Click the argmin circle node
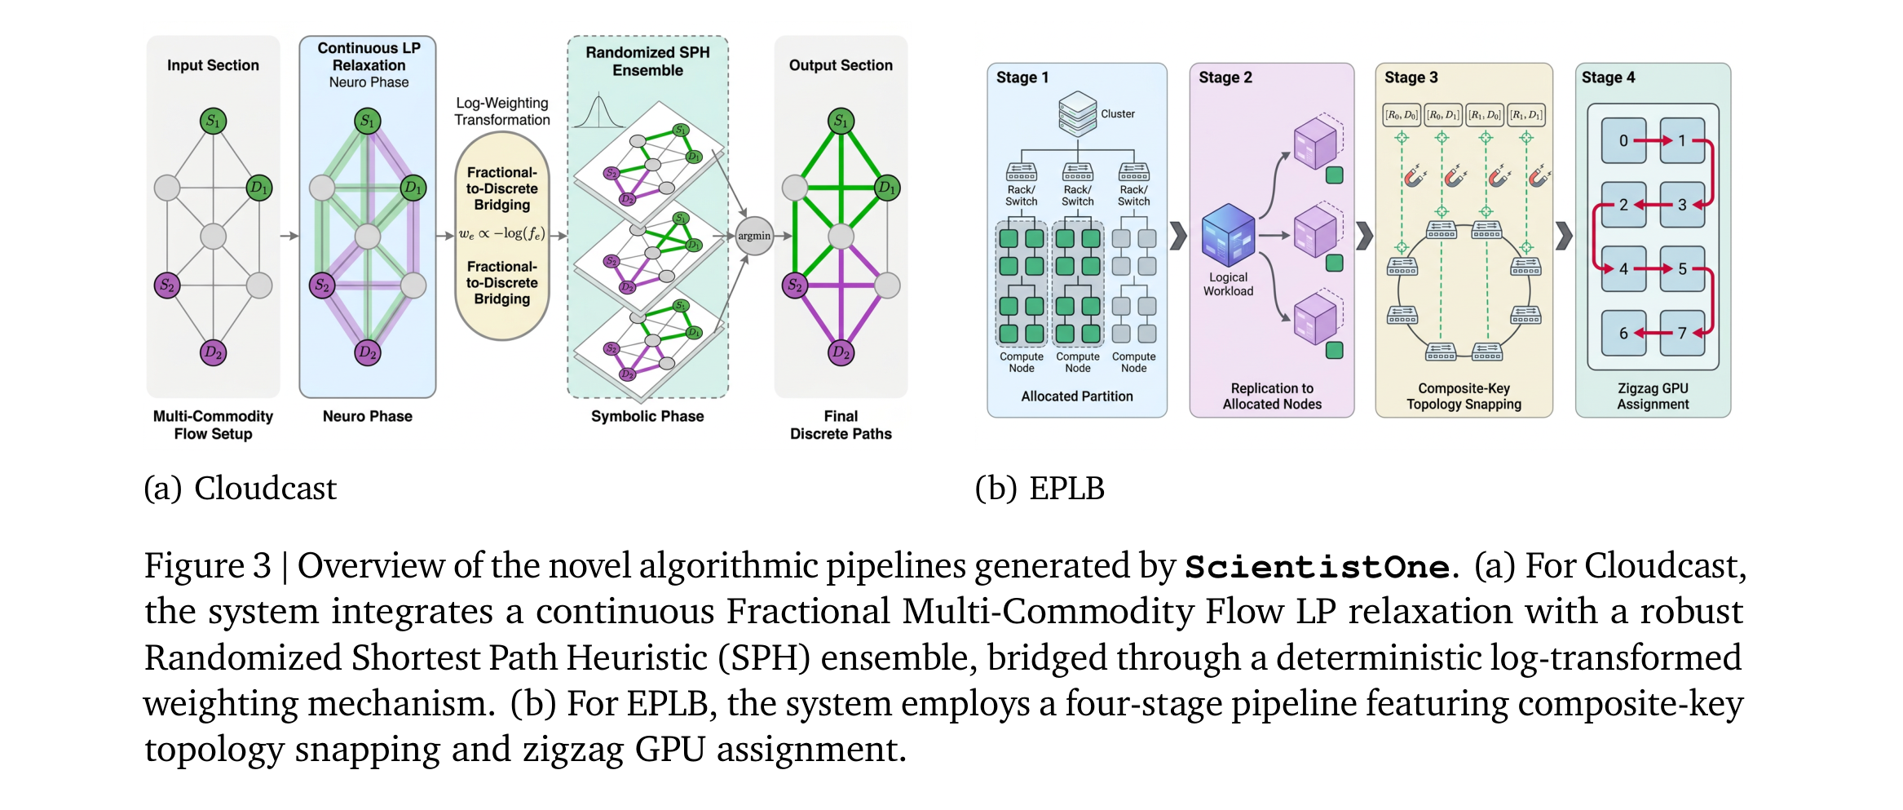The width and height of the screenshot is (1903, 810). coord(753,236)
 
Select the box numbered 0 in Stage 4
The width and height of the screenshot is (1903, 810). coord(1623,140)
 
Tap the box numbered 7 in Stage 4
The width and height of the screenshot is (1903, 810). coord(1682,333)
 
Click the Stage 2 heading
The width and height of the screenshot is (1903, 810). coord(1225,77)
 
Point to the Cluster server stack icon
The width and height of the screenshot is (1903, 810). coord(1077,114)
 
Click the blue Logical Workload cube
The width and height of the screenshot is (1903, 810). coord(1228,235)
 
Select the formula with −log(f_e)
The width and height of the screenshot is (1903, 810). coord(501,233)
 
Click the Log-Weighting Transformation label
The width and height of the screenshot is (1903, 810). coord(502,112)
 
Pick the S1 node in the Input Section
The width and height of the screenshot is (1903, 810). coord(213,122)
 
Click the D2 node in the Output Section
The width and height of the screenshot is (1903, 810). coord(841,352)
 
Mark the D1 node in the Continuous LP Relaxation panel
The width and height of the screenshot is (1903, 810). coord(413,188)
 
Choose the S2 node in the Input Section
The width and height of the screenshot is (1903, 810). coord(167,285)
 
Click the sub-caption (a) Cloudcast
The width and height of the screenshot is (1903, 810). coord(241,489)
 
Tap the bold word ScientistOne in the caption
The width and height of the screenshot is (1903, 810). coord(1318,567)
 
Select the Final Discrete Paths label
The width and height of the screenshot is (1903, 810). coord(841,425)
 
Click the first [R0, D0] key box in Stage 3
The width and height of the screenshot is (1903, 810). coord(1402,115)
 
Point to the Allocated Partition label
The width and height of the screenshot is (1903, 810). coord(1077,396)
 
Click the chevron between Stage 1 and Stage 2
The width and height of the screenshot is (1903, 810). coord(1178,236)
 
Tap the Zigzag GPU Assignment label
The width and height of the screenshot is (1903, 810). coord(1653,396)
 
